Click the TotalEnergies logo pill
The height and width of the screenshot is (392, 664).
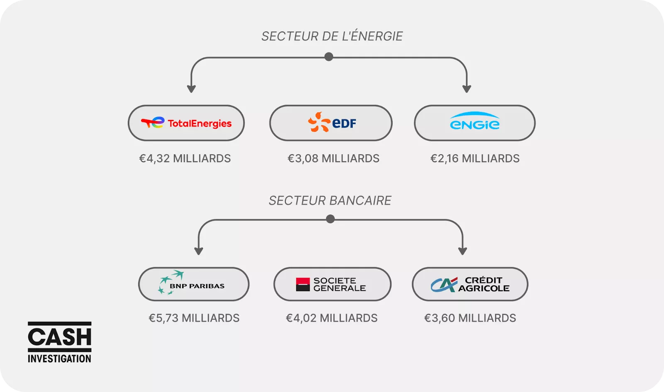pos(186,123)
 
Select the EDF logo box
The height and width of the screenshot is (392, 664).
pos(331,123)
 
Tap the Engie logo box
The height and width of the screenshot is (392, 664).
pos(475,123)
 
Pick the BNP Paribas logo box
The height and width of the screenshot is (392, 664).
pos(193,284)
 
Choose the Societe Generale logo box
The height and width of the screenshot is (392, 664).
pos(332,284)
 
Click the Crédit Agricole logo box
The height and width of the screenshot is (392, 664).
pos(470,284)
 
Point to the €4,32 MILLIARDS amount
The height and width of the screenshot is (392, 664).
pos(185,158)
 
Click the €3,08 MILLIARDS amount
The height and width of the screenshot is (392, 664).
pos(333,158)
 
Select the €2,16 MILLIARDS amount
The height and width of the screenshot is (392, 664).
pos(475,158)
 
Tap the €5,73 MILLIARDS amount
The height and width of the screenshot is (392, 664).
pos(194,318)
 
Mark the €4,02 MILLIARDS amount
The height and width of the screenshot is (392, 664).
pos(332,318)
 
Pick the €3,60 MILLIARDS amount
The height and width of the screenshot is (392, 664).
pos(470,318)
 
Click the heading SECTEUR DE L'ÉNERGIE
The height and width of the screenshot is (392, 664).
pos(332,37)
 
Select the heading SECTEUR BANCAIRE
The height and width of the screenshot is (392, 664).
pos(330,201)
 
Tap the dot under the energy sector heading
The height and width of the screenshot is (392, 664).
pos(329,57)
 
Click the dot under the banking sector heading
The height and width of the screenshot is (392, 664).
pos(330,219)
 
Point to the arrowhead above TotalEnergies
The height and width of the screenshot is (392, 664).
pos(191,89)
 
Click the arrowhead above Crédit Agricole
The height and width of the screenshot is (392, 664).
pos(463,251)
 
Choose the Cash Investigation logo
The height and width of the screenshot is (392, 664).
pos(59,342)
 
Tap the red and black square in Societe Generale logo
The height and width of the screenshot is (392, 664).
pos(303,284)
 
